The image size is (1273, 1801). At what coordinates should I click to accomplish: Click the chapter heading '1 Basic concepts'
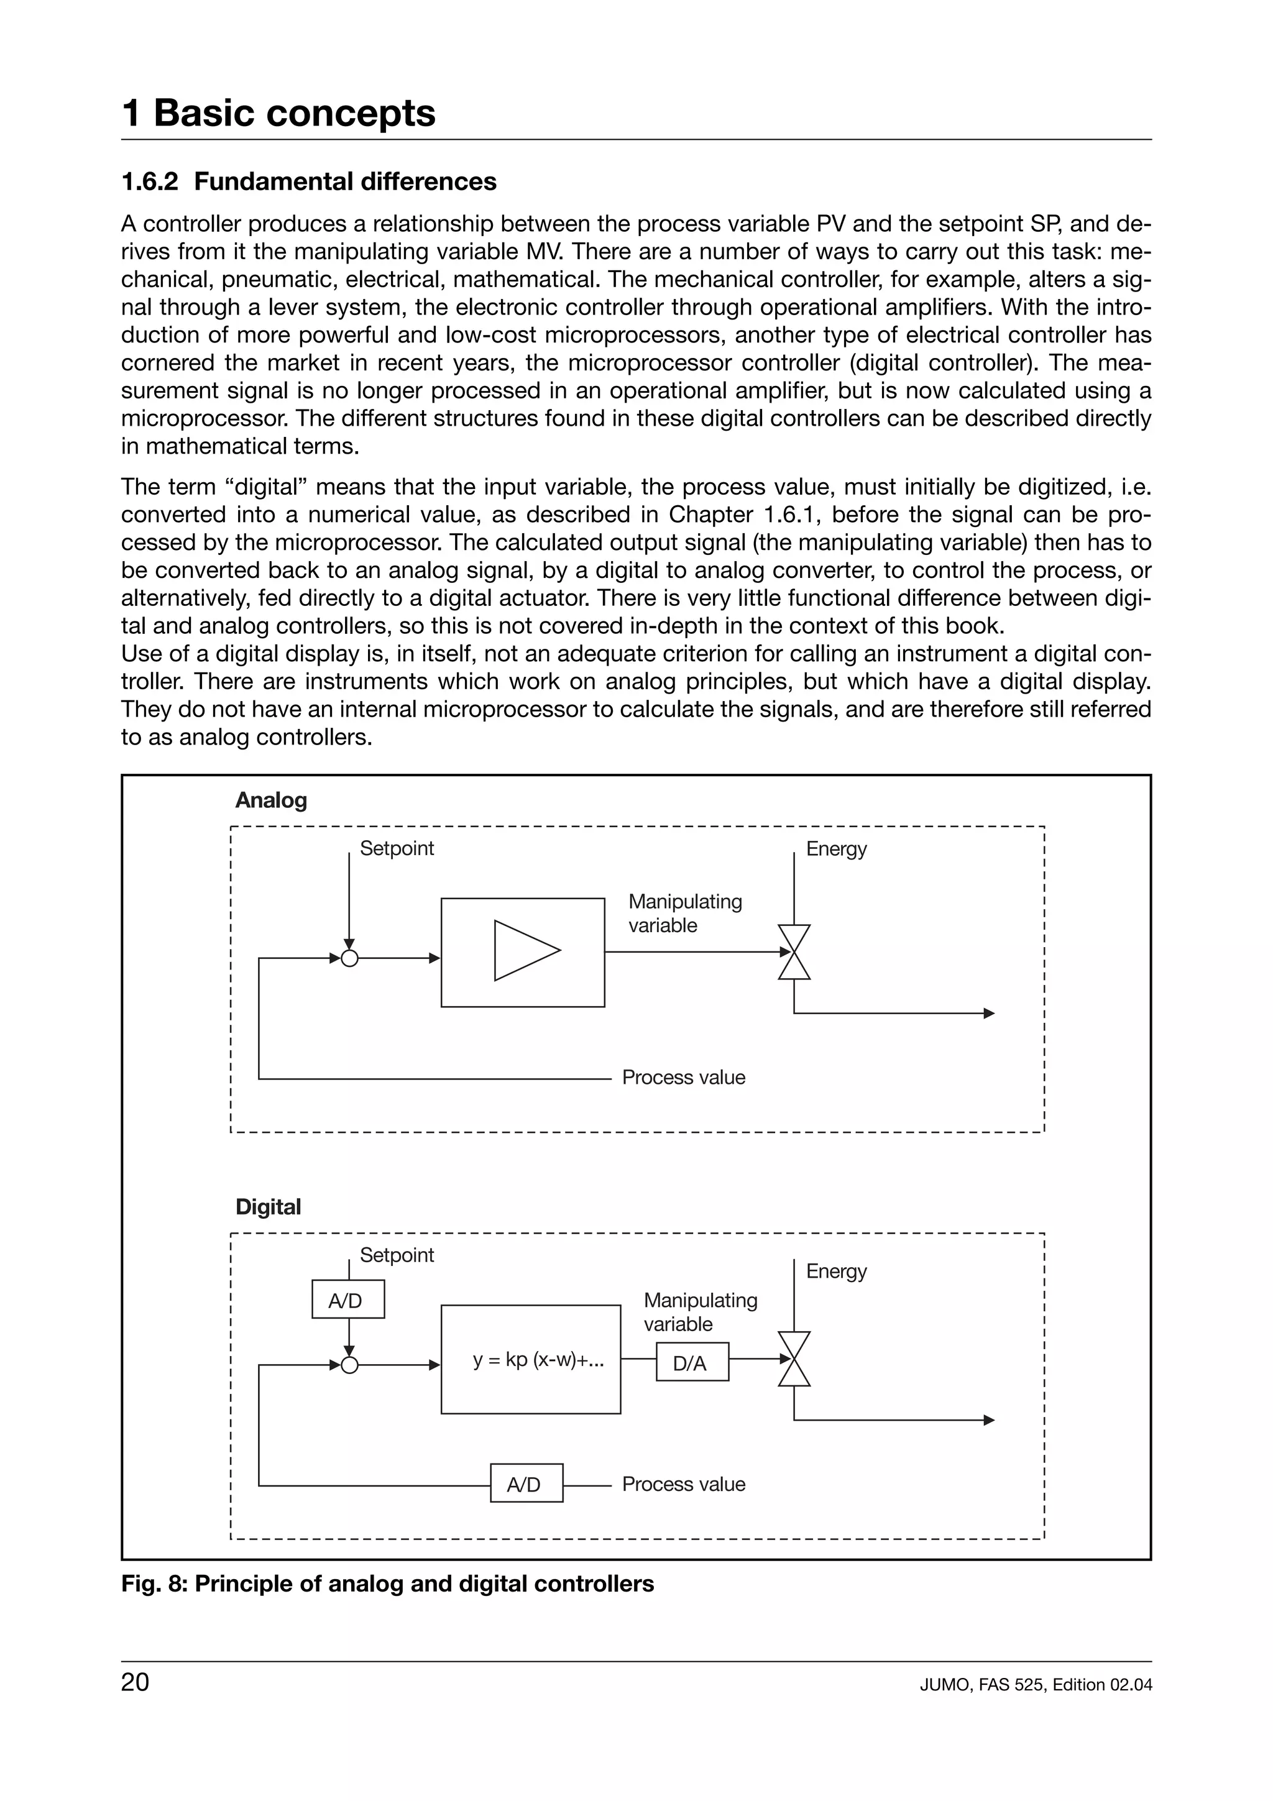[x=278, y=113]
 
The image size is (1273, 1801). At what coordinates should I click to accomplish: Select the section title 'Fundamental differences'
[x=344, y=181]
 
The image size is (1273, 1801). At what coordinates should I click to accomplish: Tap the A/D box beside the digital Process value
[x=526, y=1484]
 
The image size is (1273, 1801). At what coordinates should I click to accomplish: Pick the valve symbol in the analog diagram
[x=794, y=951]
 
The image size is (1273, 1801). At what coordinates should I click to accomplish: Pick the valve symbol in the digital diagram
[x=794, y=1359]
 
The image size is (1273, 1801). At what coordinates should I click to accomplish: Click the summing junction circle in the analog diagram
[x=350, y=958]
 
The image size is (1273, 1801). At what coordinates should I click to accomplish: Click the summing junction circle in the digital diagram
[x=350, y=1365]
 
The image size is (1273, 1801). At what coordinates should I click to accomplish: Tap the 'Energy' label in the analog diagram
[x=836, y=849]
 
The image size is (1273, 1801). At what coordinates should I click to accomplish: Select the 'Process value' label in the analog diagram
[x=683, y=1078]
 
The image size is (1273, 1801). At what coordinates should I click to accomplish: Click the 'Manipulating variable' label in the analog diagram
[x=685, y=913]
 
